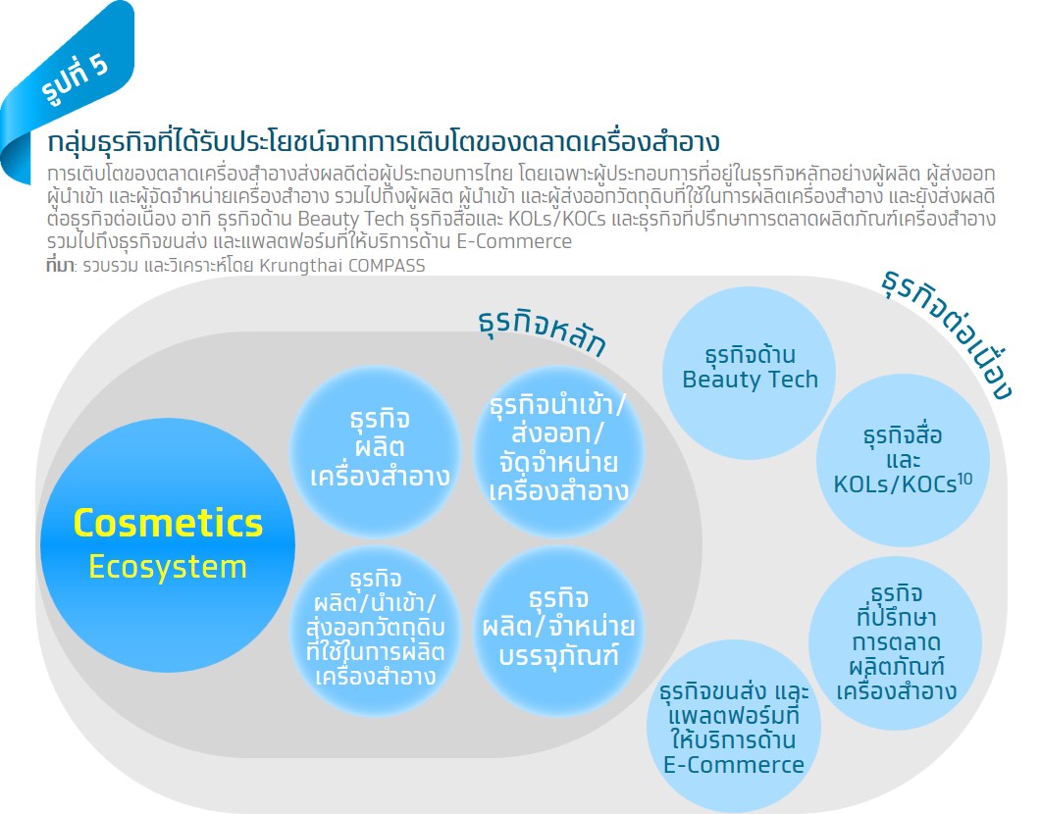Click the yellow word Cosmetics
[x=168, y=523]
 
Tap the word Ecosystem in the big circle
[x=168, y=567]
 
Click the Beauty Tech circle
[x=750, y=367]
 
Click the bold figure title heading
[x=384, y=140]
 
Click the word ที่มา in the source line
[x=60, y=266]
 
